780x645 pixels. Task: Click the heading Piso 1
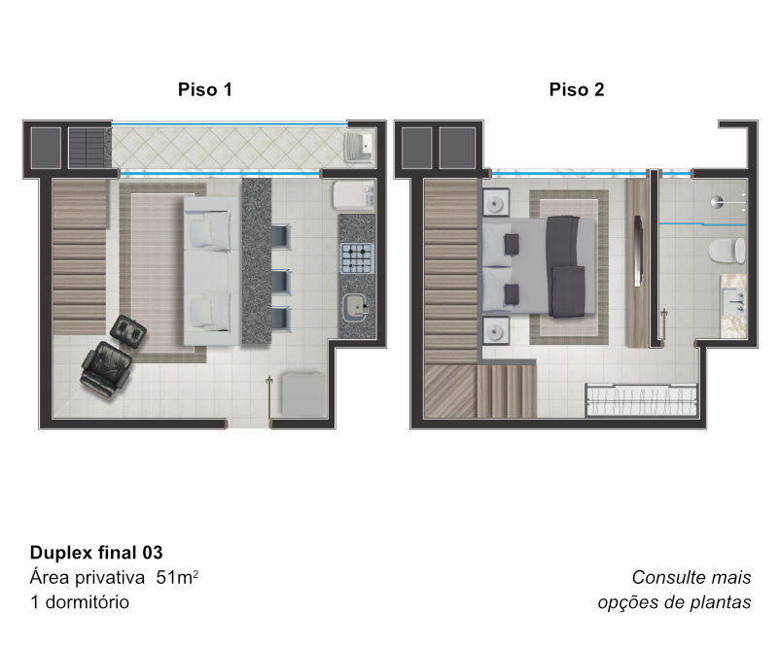[x=205, y=89]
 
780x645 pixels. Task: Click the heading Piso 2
[x=577, y=89]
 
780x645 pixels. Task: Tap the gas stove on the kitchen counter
[x=357, y=257]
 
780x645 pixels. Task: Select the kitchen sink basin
[x=356, y=305]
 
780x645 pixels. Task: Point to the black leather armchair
[x=106, y=369]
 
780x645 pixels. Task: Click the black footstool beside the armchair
[x=127, y=330]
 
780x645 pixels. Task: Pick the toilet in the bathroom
[x=727, y=252]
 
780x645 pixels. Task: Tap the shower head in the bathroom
[x=717, y=201]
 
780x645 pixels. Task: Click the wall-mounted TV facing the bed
[x=637, y=251]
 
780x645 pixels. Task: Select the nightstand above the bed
[x=496, y=202]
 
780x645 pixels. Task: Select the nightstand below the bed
[x=496, y=330]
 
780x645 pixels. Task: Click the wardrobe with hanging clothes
[x=641, y=399]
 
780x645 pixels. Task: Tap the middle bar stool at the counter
[x=281, y=283]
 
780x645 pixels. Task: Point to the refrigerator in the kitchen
[x=354, y=195]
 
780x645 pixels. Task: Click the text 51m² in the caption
[x=177, y=577]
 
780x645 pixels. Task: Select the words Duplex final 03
[x=96, y=553]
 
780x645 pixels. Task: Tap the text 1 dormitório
[x=80, y=601]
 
